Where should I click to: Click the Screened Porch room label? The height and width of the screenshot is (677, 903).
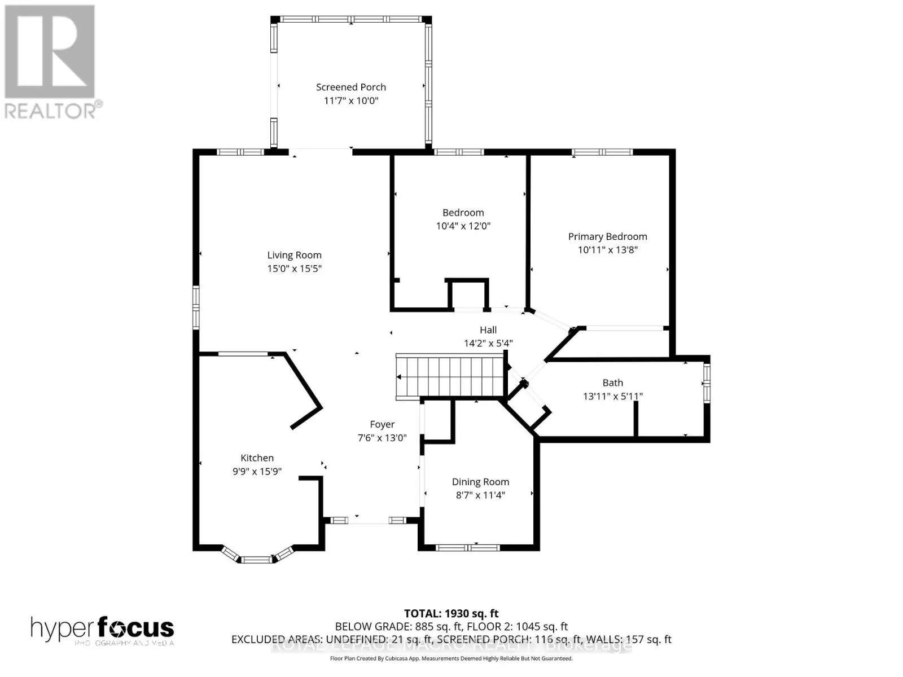tap(350, 87)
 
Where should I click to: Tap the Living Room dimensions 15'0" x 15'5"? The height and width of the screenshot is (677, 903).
tap(294, 269)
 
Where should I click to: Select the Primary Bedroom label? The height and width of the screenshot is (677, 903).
tap(607, 236)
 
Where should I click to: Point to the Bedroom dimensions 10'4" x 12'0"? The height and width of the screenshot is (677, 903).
tap(463, 226)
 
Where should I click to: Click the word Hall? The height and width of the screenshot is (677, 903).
tap(488, 330)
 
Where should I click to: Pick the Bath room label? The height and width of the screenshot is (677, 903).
tap(612, 383)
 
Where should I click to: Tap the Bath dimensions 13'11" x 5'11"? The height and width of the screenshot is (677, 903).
tap(612, 396)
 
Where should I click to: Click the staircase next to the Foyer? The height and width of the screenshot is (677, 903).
tap(450, 377)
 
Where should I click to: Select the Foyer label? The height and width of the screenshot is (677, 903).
tap(382, 424)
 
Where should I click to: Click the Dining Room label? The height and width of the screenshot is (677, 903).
tap(480, 482)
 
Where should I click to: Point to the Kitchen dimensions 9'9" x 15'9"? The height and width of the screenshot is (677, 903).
tap(257, 472)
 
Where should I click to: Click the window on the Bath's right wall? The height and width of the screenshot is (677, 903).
tap(706, 383)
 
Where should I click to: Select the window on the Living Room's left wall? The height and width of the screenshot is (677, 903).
tap(196, 307)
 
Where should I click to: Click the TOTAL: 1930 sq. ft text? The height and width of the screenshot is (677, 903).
tap(451, 613)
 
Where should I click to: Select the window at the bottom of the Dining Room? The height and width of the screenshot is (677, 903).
tap(468, 547)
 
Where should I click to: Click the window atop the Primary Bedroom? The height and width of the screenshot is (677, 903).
tap(602, 152)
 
